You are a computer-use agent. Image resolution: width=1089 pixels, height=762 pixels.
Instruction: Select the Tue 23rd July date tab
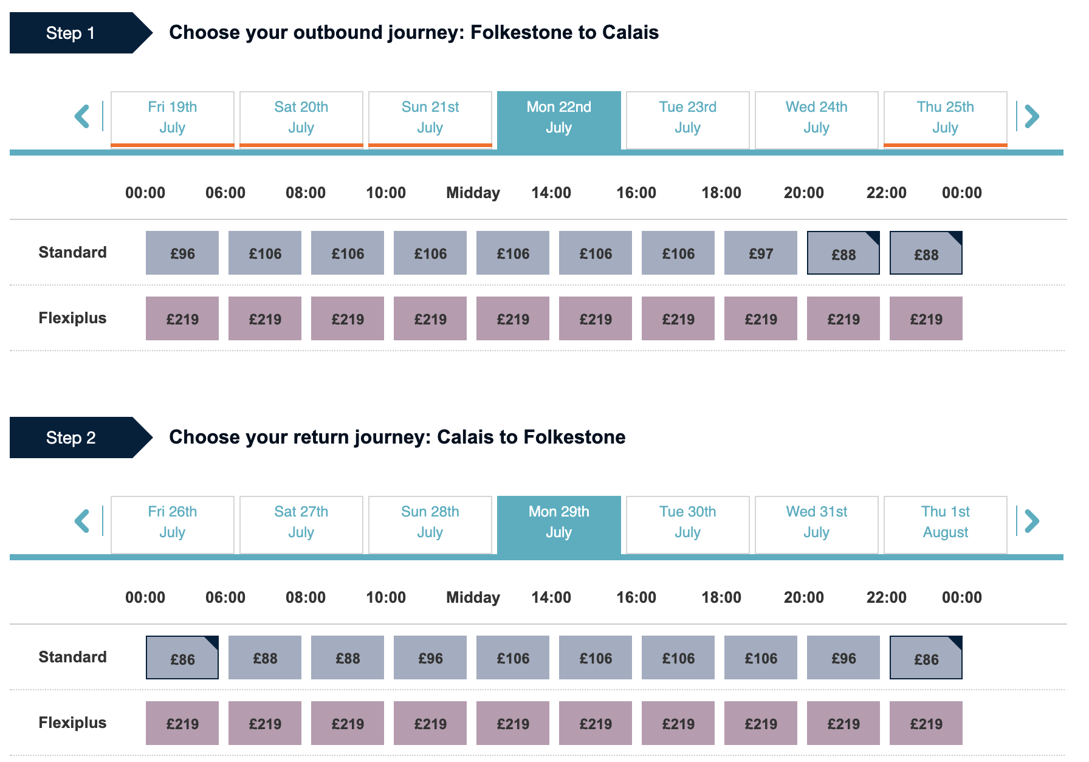tap(687, 118)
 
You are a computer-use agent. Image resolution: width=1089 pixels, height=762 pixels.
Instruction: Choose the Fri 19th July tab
tap(173, 118)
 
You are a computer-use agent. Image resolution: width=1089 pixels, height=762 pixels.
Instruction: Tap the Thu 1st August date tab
tap(945, 523)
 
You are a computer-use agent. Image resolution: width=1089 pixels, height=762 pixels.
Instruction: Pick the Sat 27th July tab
tap(301, 523)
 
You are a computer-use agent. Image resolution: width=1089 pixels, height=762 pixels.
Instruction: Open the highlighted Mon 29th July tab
tap(558, 523)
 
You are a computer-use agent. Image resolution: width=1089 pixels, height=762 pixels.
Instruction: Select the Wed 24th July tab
tap(816, 118)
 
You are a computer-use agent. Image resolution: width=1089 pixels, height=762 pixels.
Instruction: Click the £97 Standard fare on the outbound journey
tap(761, 253)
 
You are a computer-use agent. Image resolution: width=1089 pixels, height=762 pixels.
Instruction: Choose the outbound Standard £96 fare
tap(182, 253)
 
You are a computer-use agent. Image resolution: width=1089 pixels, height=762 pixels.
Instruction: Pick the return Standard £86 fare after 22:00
tap(926, 658)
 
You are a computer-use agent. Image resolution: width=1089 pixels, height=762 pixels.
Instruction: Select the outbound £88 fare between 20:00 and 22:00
tap(843, 253)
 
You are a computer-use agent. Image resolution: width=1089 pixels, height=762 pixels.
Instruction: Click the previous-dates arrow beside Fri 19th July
tap(82, 116)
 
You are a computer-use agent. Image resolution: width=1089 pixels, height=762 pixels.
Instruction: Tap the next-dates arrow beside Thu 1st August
tap(1032, 521)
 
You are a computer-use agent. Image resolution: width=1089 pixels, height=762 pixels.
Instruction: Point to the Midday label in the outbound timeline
tap(473, 193)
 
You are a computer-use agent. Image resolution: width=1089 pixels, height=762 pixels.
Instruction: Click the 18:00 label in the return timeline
tap(721, 598)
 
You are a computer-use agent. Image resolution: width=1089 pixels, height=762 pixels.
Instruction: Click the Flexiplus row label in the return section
tap(72, 723)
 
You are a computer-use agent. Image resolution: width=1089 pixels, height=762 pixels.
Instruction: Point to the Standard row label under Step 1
tap(72, 253)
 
